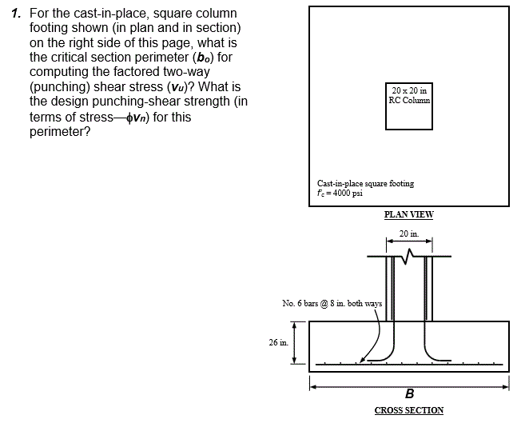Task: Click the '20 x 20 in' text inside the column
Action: (409, 91)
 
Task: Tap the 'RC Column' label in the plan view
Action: (409, 101)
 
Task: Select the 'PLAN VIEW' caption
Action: (408, 214)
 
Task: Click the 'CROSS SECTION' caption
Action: (408, 410)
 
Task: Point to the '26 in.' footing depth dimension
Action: (279, 342)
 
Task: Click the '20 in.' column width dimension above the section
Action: (408, 233)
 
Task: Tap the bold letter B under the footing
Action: (409, 393)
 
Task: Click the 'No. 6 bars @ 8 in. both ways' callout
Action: (332, 303)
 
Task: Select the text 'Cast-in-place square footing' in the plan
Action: (365, 183)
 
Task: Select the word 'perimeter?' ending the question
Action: (60, 130)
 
